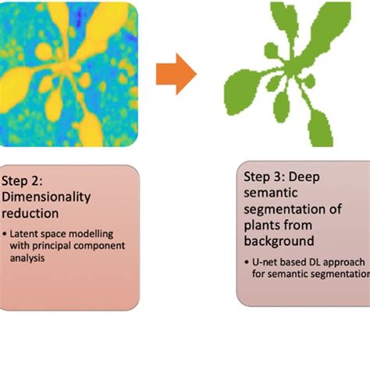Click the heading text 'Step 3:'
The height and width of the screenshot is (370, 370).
coord(267,176)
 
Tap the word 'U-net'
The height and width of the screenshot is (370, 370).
coord(267,262)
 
